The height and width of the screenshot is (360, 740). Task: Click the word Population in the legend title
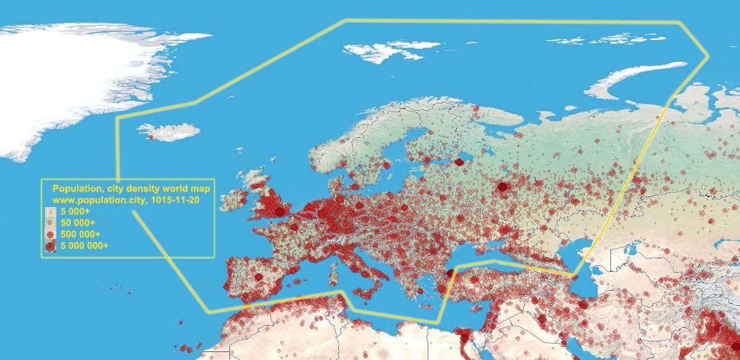pos(73,188)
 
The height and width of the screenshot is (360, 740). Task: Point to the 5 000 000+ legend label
pos(84,245)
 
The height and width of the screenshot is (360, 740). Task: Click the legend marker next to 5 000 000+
pos(50,246)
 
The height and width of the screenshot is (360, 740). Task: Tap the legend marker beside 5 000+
pos(50,212)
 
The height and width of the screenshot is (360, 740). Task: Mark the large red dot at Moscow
pos(503,187)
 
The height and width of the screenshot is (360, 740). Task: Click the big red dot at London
pos(280,212)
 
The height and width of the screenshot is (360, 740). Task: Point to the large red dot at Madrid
pos(259,276)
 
